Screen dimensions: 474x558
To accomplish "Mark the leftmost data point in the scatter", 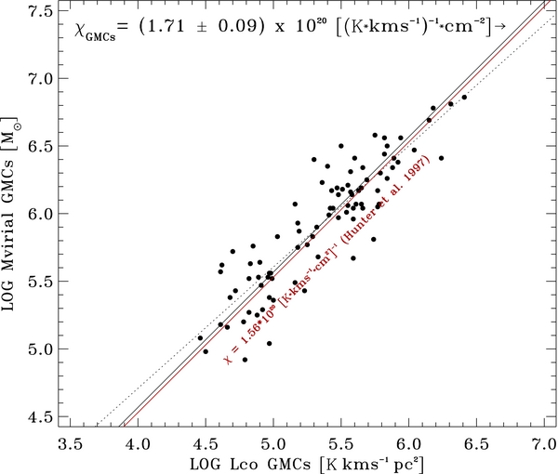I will (200, 338).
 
